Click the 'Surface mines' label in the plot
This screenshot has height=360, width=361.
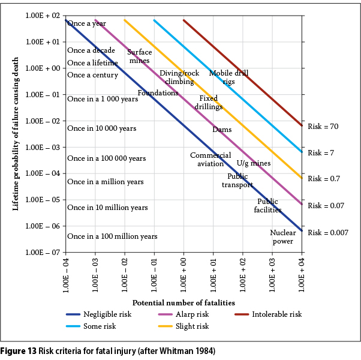(139, 56)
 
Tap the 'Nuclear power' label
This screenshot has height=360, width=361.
(282, 237)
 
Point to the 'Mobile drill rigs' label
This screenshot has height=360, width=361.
(228, 77)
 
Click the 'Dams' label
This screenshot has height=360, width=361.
(222, 130)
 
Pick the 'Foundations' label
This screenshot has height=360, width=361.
(158, 93)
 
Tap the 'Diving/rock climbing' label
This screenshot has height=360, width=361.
(179, 77)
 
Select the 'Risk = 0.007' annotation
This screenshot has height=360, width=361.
(327, 232)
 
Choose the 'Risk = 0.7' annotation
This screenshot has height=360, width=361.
(324, 179)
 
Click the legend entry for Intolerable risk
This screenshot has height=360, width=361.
(276, 314)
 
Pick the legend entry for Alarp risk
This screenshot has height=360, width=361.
(191, 314)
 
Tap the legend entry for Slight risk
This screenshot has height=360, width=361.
(191, 326)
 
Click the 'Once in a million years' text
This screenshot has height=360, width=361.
(106, 182)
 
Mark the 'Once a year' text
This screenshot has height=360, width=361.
(86, 23)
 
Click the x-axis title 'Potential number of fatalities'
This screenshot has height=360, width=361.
(183, 302)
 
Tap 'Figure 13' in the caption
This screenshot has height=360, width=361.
(19, 351)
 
